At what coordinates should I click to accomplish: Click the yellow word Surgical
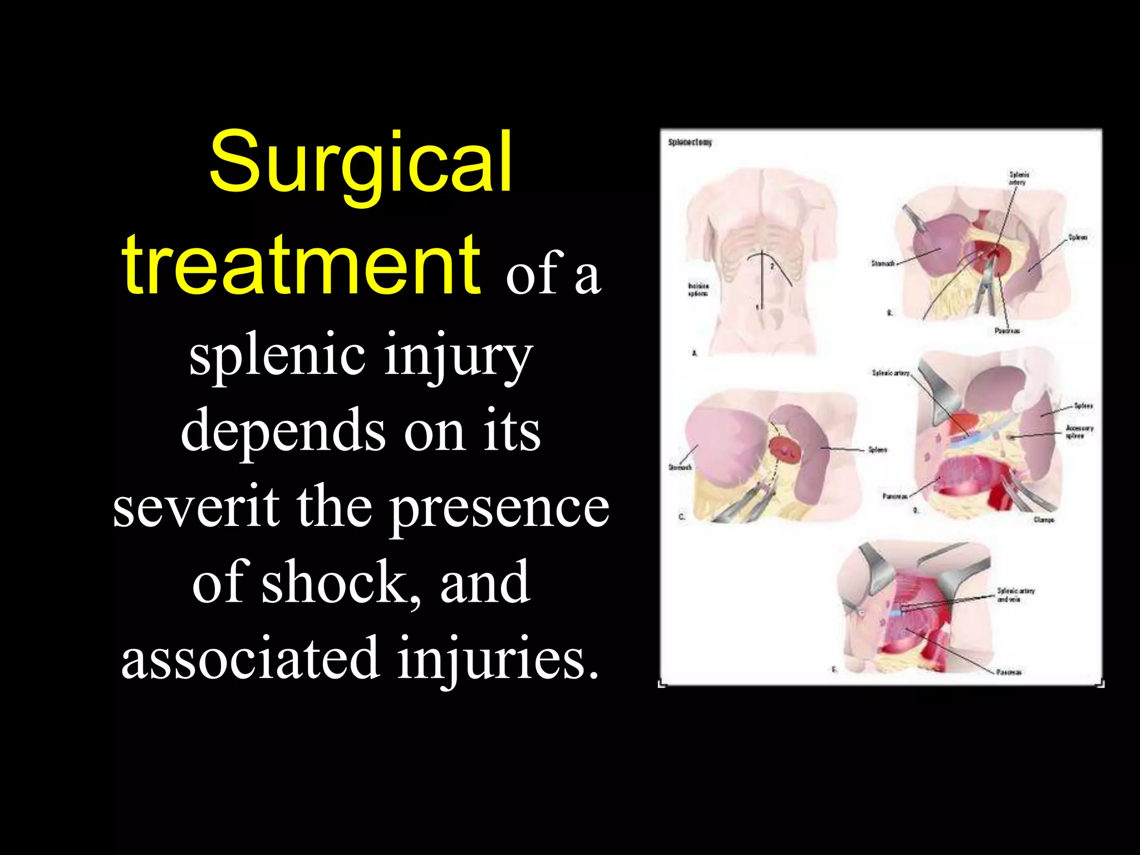[361, 161]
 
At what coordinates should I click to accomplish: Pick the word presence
[499, 507]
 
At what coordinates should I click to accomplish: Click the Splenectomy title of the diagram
[690, 142]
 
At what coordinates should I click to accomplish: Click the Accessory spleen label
[1079, 431]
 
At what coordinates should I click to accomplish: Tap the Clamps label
[1043, 519]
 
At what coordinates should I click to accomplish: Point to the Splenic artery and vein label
[1015, 594]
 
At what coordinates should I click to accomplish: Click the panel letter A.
[694, 353]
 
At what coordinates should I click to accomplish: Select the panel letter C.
[681, 517]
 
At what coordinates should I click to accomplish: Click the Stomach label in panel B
[883, 263]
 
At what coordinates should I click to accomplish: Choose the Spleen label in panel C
[877, 449]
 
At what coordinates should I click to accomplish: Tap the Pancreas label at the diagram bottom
[1009, 672]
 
